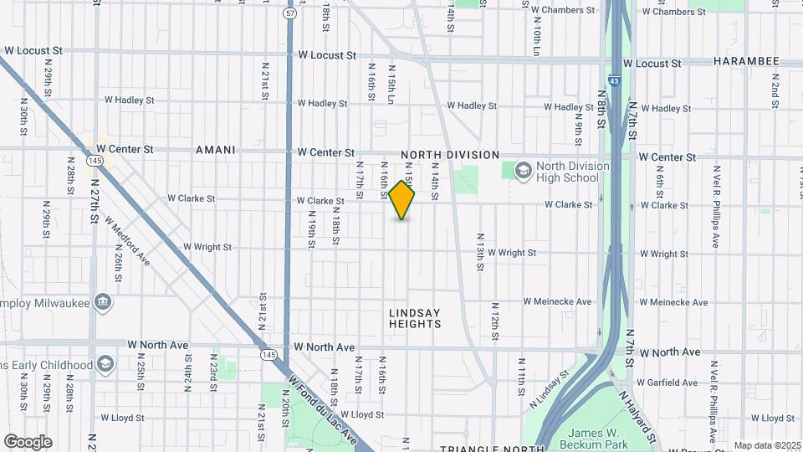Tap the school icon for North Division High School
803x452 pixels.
point(524,171)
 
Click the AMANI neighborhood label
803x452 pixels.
point(215,150)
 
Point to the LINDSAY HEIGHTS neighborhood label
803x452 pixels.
point(415,318)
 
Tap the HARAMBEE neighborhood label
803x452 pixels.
point(746,61)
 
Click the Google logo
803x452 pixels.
point(28,442)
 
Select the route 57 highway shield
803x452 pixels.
point(289,14)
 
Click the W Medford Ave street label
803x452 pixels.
point(128,241)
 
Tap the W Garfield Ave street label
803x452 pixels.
point(667,383)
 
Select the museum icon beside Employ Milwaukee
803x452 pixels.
point(103,301)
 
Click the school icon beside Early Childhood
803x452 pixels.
point(105,364)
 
